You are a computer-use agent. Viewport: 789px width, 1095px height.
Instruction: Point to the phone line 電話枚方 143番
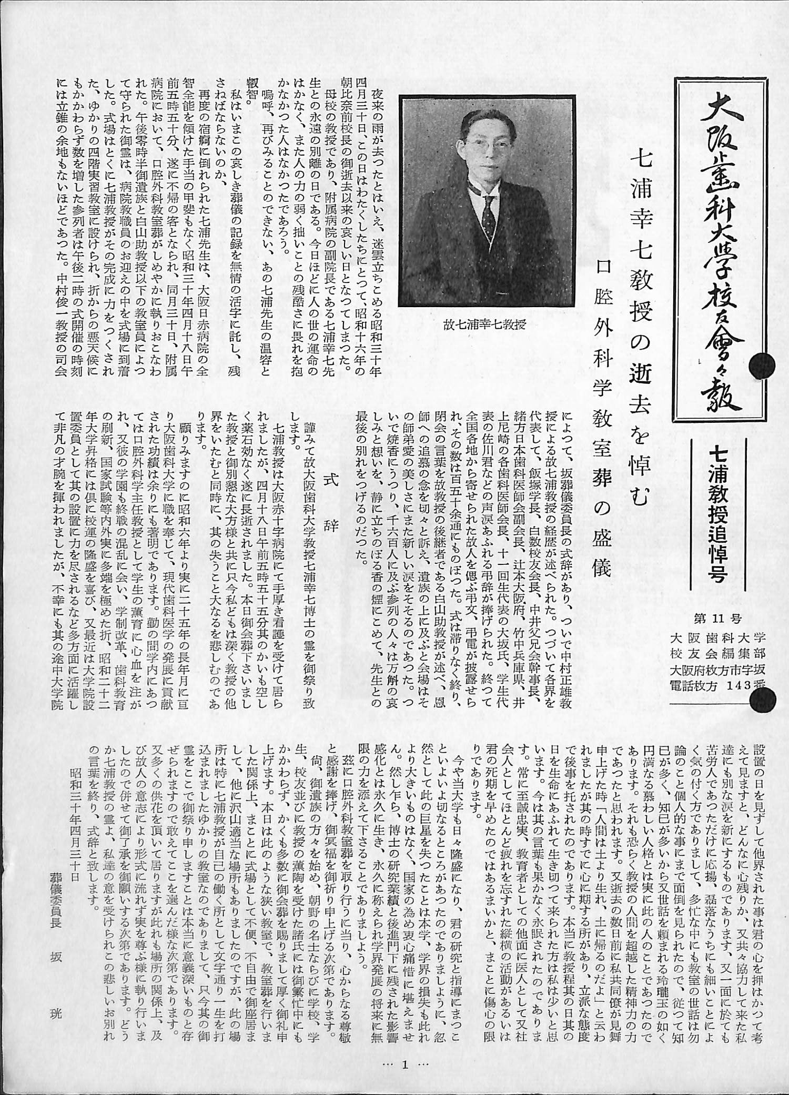(717, 684)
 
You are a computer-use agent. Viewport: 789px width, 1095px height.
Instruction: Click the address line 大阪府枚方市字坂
(717, 669)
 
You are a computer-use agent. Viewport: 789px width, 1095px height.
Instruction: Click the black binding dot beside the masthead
(766, 364)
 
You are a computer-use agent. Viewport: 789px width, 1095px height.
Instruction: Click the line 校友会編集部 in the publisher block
(717, 653)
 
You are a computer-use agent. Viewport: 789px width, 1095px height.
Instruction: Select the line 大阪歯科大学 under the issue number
(717, 637)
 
